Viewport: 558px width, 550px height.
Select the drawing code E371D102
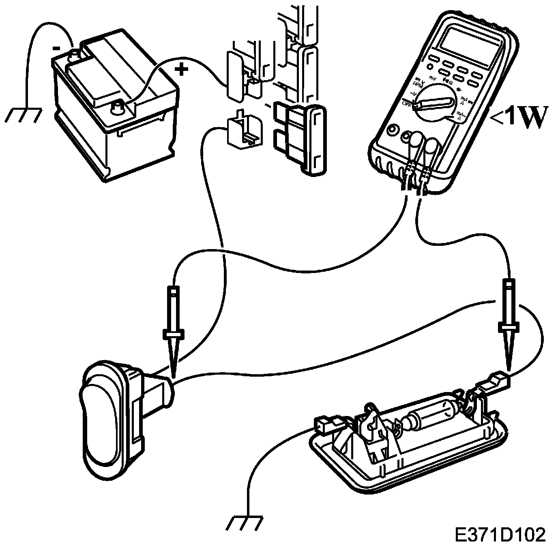point(500,535)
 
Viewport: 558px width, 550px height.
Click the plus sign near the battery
point(181,70)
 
